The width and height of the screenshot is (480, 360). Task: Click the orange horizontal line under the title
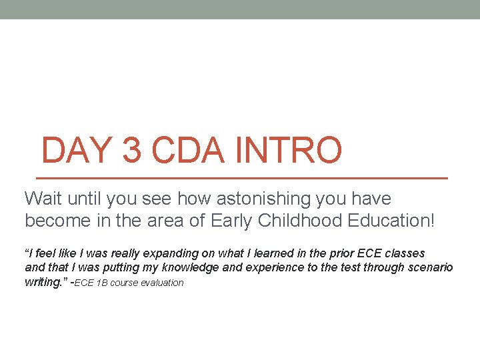coord(240,179)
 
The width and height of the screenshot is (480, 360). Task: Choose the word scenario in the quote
coord(433,267)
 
